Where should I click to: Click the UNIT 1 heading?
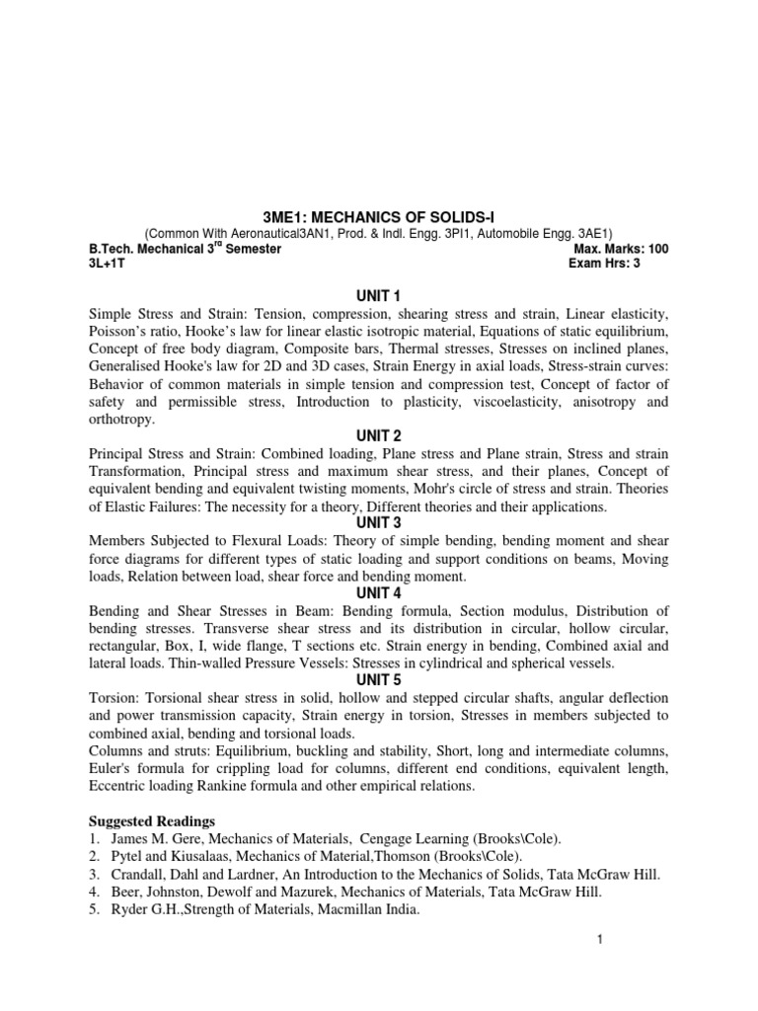tap(379, 295)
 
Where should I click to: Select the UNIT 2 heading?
tap(379, 435)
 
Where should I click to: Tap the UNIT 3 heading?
tap(379, 522)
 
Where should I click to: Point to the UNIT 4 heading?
tap(379, 592)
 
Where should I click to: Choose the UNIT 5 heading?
tap(379, 679)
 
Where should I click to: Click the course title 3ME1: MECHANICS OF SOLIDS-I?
tap(379, 217)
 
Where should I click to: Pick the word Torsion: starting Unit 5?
tap(114, 698)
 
